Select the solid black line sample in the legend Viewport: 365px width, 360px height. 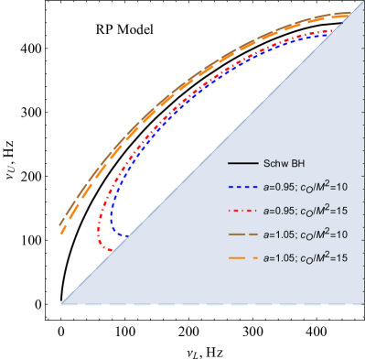(x=242, y=164)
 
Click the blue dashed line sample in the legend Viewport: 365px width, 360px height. (x=242, y=187)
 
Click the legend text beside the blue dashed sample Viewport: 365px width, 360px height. (x=305, y=187)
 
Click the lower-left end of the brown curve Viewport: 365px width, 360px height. (x=59, y=224)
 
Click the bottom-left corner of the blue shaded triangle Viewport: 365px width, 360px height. (x=61, y=303)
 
